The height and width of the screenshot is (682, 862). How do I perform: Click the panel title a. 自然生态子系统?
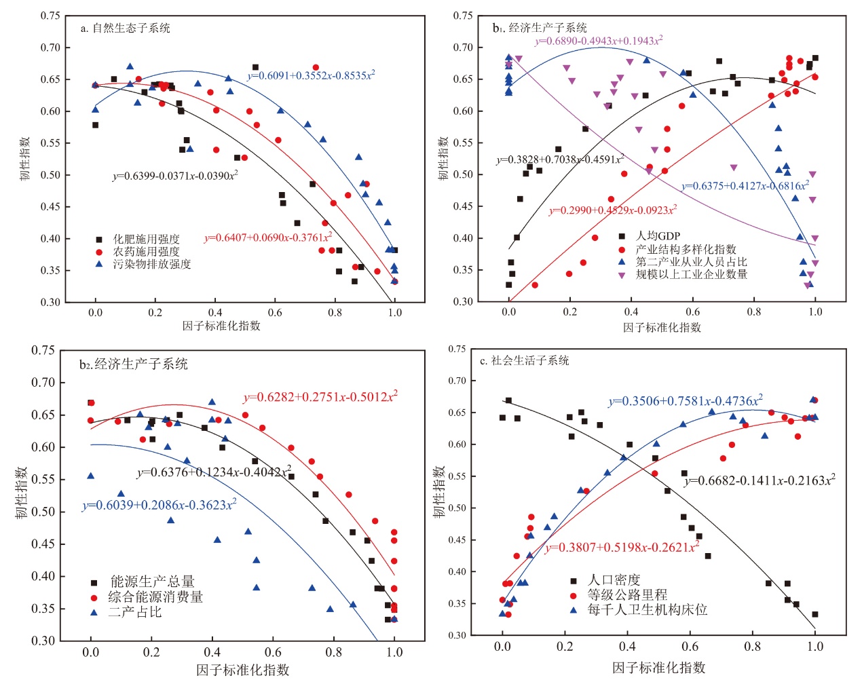point(125,29)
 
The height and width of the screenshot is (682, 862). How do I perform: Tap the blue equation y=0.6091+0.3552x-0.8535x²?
point(311,75)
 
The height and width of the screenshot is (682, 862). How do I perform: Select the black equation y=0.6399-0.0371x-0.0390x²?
point(175,176)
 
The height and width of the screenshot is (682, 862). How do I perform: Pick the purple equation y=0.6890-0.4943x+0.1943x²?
point(599,41)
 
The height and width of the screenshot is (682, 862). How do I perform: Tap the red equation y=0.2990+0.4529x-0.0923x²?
point(613,210)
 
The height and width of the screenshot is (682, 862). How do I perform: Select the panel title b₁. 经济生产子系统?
point(540,28)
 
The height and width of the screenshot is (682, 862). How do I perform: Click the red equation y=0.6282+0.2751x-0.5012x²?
point(320,397)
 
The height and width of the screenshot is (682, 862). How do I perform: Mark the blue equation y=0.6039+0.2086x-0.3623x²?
point(160,506)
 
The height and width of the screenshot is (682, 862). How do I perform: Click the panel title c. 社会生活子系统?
point(524,361)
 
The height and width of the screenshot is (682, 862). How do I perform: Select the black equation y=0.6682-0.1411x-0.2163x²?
point(760,480)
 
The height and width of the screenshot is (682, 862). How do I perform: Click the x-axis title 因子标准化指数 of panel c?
point(658,668)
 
